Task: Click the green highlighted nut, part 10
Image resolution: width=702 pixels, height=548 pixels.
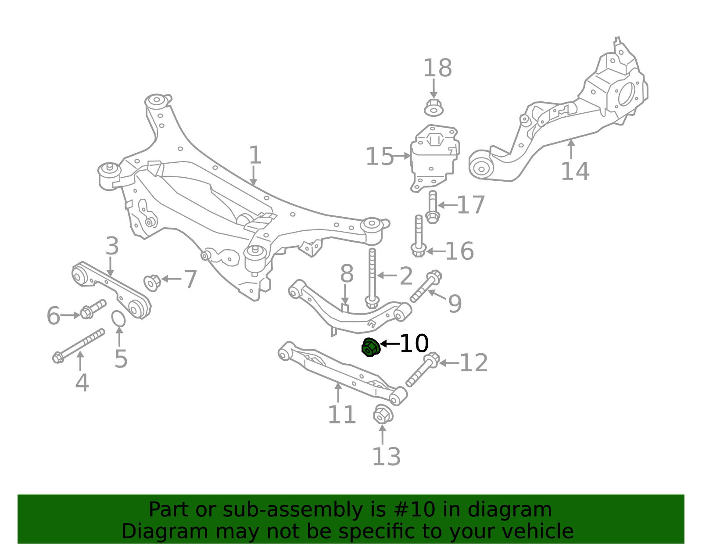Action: click(x=371, y=347)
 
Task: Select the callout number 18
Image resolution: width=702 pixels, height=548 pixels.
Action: click(x=437, y=68)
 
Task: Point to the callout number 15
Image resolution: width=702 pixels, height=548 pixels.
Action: click(x=380, y=156)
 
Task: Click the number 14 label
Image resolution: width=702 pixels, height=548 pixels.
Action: click(x=575, y=171)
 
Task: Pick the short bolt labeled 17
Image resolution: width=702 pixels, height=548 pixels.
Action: click(x=432, y=207)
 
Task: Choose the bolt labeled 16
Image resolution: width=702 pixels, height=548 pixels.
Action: click(x=419, y=236)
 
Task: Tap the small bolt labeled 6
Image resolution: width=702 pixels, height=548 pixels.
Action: click(x=93, y=309)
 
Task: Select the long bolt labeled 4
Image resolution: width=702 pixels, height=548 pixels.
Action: click(x=79, y=346)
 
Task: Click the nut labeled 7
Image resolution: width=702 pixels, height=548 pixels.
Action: click(x=152, y=283)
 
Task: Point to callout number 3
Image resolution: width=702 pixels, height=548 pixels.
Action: click(x=112, y=246)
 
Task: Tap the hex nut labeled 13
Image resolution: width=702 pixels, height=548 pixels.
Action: click(x=383, y=414)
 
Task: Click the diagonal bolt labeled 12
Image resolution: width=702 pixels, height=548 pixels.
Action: click(x=423, y=369)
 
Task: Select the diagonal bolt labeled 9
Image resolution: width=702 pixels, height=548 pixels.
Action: click(x=426, y=286)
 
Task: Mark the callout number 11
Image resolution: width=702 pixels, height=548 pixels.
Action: click(x=342, y=415)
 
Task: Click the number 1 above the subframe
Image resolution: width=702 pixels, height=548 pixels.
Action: click(x=255, y=155)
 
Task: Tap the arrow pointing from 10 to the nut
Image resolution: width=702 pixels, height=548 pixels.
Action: click(x=390, y=344)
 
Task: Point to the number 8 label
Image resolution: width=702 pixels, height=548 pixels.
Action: click(x=347, y=273)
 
